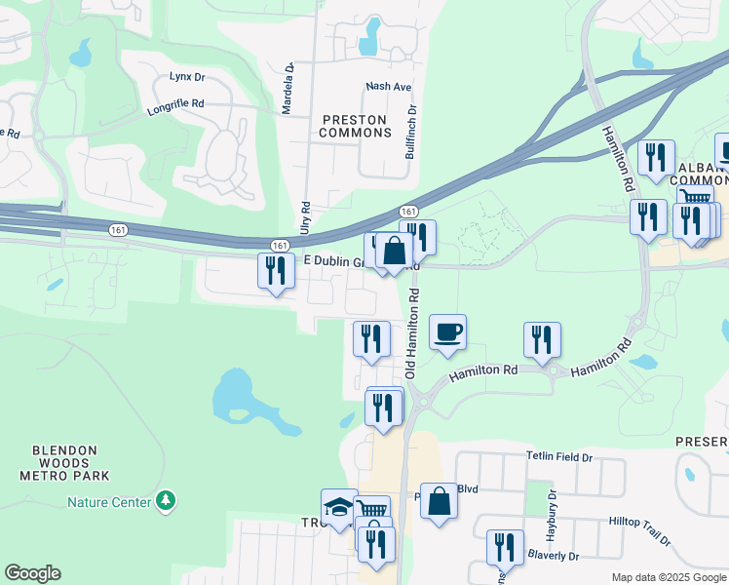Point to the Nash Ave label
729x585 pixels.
coord(388,87)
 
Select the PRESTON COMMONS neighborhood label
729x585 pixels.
coord(357,126)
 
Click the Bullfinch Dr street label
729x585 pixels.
coord(410,134)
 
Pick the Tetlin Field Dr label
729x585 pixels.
coord(559,456)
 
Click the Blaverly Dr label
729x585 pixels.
coord(553,556)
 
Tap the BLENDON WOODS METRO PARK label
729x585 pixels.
coord(64,463)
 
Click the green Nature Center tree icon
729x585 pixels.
coord(167,501)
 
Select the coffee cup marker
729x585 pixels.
coord(447,331)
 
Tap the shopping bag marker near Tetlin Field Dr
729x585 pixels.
coord(439,501)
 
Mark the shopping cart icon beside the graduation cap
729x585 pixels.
coord(371,509)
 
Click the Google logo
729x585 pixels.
coord(32,573)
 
